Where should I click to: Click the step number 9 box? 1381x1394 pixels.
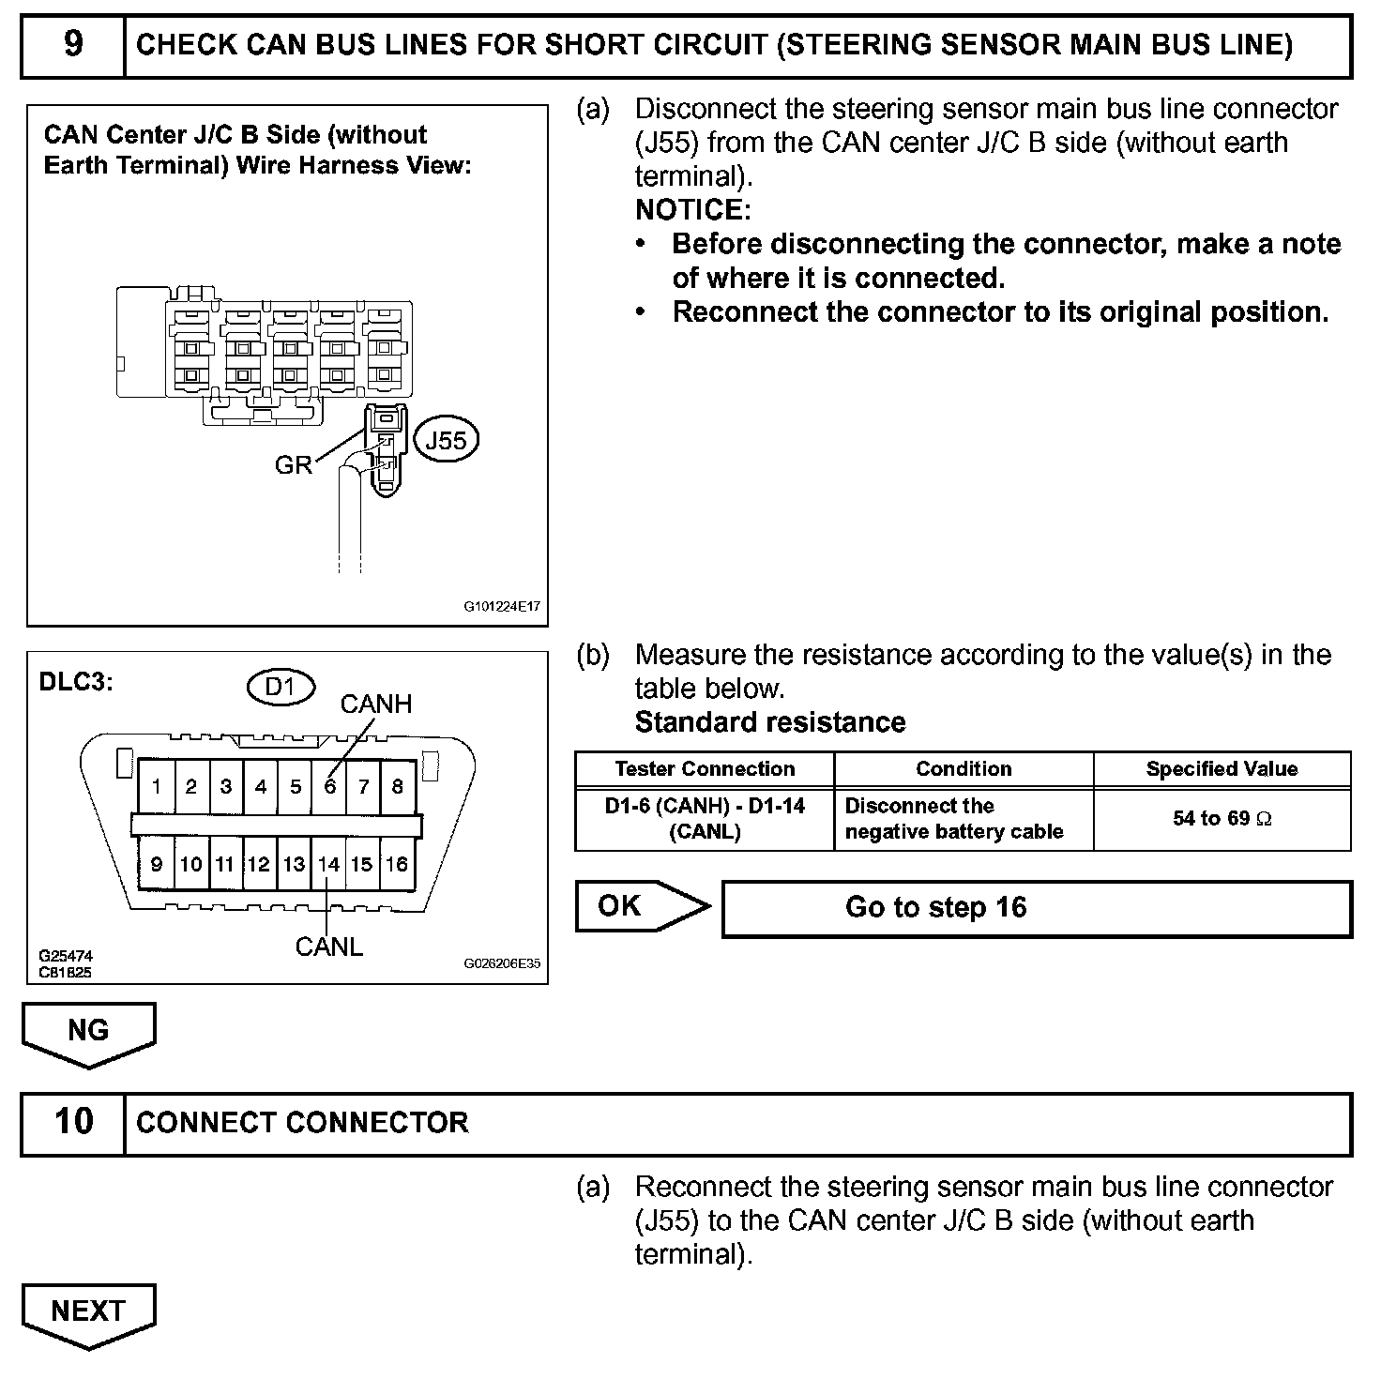tap(73, 45)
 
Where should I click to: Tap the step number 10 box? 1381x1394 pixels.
tap(73, 1123)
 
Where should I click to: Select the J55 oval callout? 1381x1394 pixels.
tap(446, 440)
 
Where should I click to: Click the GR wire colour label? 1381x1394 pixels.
tap(293, 464)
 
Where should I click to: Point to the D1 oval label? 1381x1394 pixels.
tap(280, 687)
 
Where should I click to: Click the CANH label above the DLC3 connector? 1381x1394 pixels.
tap(375, 704)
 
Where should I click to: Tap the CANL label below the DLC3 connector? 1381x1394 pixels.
tap(328, 947)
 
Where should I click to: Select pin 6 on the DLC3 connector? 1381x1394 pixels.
tap(329, 786)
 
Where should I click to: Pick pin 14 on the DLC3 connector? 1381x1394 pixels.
tap(328, 864)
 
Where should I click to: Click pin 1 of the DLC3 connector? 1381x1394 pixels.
tap(157, 786)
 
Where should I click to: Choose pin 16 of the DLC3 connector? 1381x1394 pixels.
tap(397, 864)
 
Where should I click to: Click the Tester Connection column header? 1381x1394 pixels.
tap(705, 769)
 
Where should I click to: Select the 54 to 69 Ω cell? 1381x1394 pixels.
tap(1222, 819)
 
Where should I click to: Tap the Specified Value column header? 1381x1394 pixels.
tap(1222, 769)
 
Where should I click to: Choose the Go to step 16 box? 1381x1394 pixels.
tap(1036, 908)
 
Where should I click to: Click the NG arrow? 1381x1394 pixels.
tap(88, 1031)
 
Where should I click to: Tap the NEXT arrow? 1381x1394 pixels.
tap(88, 1311)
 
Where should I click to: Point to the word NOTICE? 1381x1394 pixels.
tap(692, 209)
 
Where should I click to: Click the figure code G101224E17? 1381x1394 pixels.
tap(502, 606)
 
